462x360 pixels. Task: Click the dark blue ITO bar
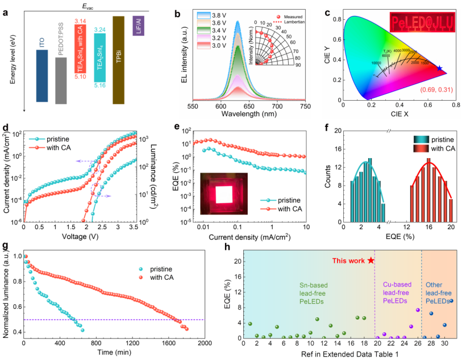click(41, 76)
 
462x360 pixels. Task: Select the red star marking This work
click(371, 260)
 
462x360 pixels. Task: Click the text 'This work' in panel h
click(348, 260)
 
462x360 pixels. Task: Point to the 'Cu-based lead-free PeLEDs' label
click(397, 291)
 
